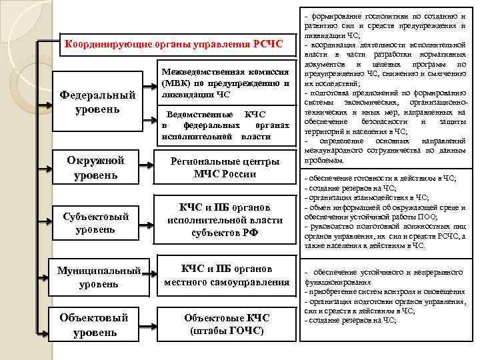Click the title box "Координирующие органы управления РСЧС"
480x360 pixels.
[173, 45]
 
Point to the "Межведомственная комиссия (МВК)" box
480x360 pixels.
[225, 83]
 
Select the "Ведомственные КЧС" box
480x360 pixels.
[225, 125]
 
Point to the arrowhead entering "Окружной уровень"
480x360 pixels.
[49, 167]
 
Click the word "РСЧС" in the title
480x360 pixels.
[268, 45]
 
